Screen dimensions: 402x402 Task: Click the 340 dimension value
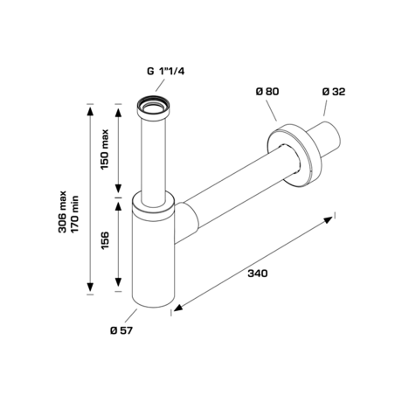tap(257, 273)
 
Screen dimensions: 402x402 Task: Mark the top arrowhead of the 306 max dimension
tap(90, 110)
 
